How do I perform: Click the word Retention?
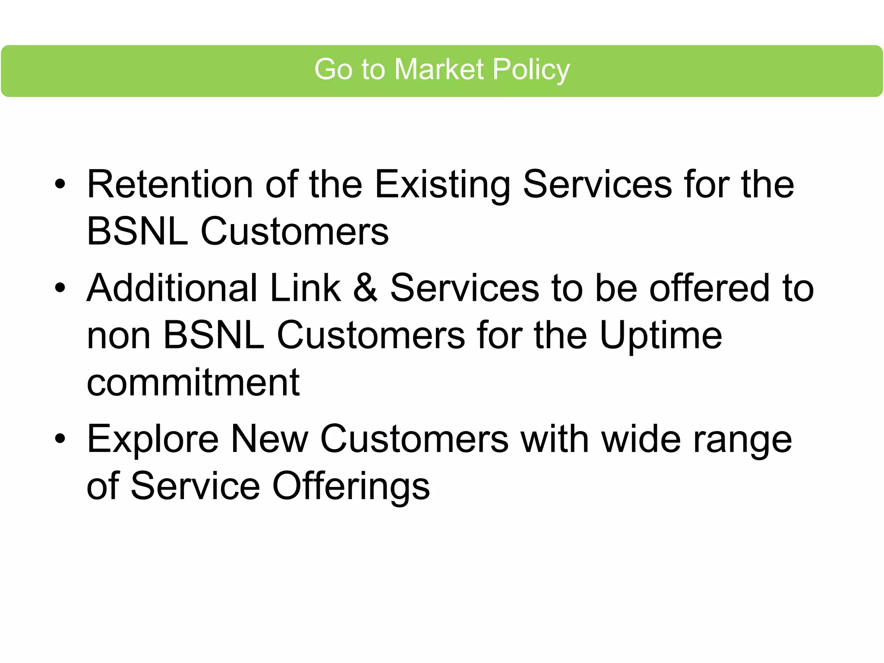tap(170, 185)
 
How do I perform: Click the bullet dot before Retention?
tap(60, 184)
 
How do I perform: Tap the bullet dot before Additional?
tap(60, 288)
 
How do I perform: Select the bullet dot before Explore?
tap(60, 439)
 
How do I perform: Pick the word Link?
tap(305, 288)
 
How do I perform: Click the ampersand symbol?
tap(366, 288)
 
